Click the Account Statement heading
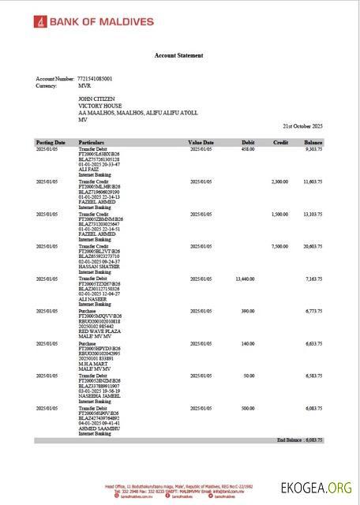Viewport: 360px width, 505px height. click(x=178, y=55)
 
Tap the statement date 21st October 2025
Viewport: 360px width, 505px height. click(x=303, y=126)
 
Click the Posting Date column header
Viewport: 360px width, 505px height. click(x=50, y=142)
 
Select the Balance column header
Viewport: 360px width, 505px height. click(x=313, y=142)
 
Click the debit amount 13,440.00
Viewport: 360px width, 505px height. click(x=244, y=279)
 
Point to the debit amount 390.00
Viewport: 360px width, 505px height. click(x=247, y=311)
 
